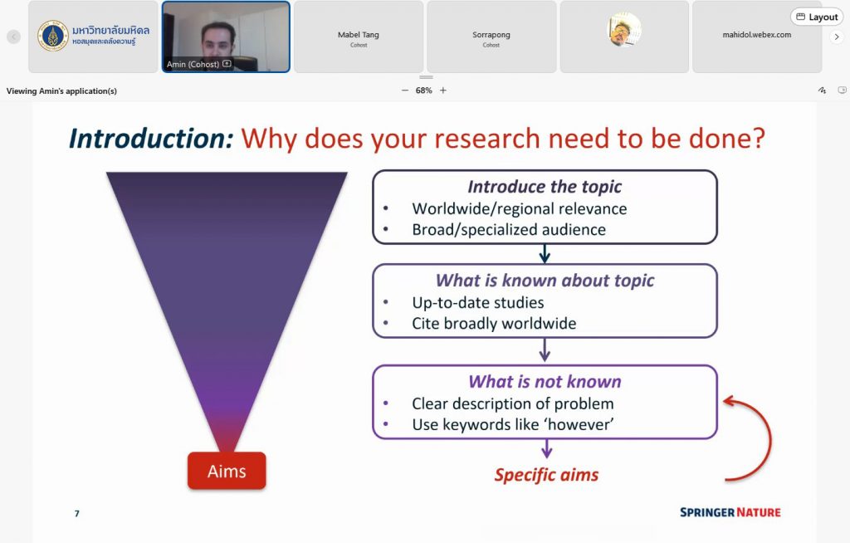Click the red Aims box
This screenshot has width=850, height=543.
tap(227, 471)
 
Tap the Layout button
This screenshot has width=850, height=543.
tap(817, 17)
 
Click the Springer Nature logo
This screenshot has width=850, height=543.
tap(730, 512)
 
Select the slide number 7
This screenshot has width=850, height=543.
tap(77, 513)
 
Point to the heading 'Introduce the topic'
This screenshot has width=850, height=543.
tap(545, 187)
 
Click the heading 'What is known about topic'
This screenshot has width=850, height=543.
tap(545, 281)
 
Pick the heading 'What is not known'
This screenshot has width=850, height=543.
tap(545, 381)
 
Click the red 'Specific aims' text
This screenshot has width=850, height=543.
tap(546, 475)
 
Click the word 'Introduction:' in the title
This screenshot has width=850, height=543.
tap(151, 139)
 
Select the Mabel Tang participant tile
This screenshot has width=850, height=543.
tap(359, 37)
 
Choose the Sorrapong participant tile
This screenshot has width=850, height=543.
tap(491, 37)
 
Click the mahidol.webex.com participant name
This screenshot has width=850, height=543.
tap(757, 35)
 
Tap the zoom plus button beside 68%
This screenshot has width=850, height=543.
tap(443, 90)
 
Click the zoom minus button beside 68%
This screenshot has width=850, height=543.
tap(405, 90)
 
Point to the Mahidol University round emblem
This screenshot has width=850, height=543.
tap(52, 36)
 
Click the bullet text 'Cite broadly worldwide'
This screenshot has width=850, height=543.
tap(494, 323)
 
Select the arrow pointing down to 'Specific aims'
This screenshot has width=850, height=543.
tap(547, 448)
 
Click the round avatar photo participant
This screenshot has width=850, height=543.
tap(624, 29)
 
